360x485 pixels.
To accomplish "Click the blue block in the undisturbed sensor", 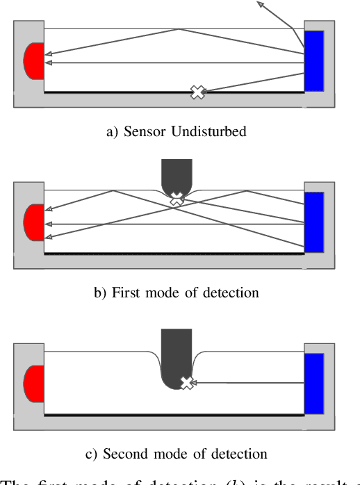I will [314, 61].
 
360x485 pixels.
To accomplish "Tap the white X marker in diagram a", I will [198, 92].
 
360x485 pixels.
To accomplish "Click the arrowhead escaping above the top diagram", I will [261, 4].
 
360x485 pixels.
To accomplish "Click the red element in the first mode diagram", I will [34, 222].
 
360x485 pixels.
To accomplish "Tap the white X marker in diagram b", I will [177, 199].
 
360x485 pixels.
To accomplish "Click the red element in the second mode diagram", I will [34, 384].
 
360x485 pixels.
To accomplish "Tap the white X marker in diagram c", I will [186, 383].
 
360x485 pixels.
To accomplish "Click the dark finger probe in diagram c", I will [176, 358].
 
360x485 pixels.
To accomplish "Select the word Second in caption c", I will [123, 454].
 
